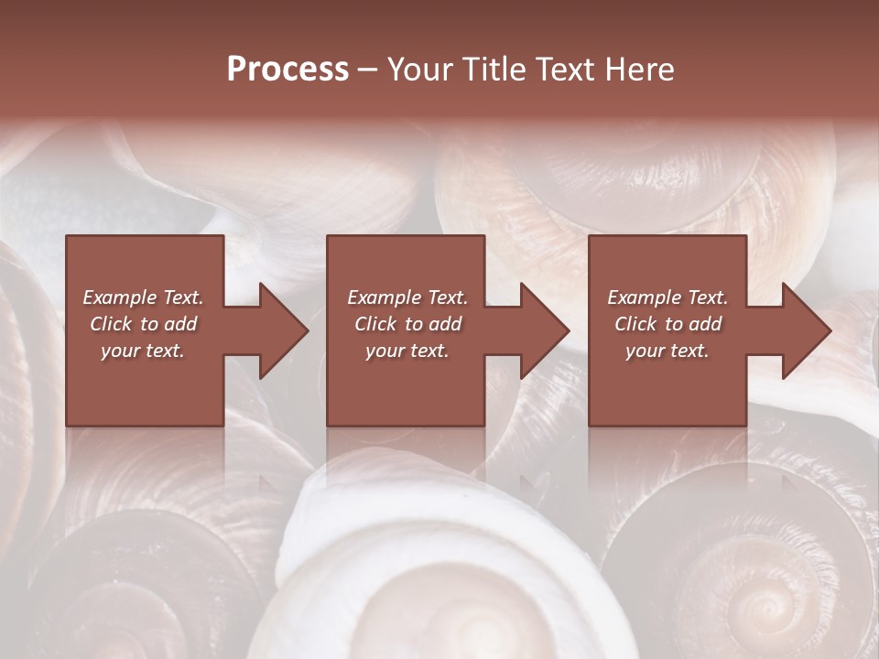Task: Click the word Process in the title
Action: (x=288, y=70)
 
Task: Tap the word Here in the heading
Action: (x=639, y=70)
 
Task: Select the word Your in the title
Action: (x=419, y=70)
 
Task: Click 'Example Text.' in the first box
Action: (x=144, y=297)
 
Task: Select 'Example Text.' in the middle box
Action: (x=407, y=297)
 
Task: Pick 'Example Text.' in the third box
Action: (x=667, y=297)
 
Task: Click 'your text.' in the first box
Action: (x=143, y=351)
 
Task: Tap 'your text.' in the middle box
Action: (x=407, y=351)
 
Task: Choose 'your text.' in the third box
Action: (x=667, y=351)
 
